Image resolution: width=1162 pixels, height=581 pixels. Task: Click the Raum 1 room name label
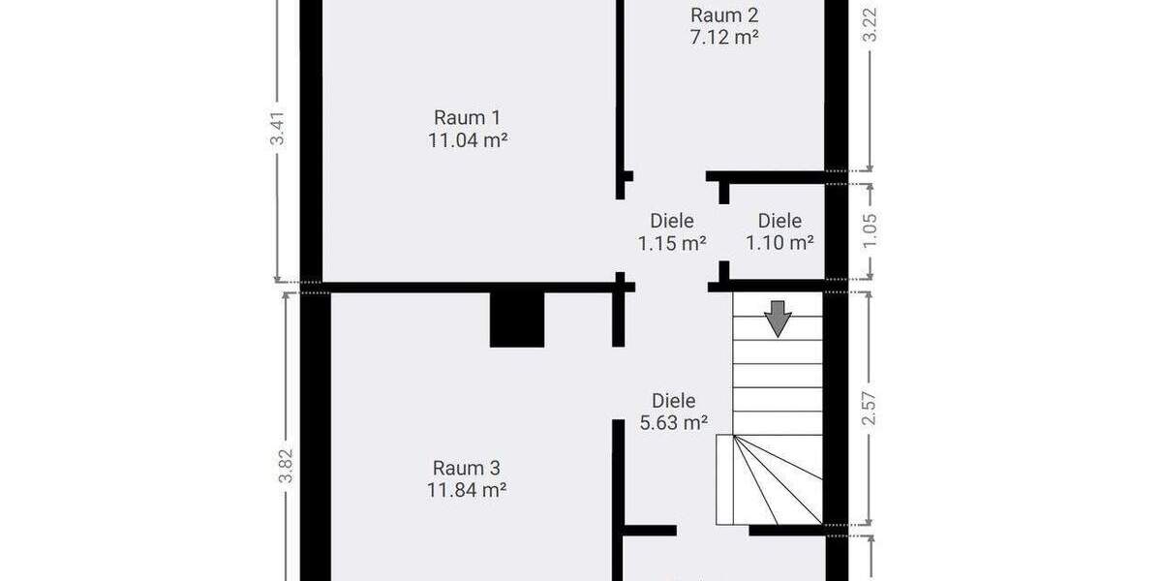pos(467,117)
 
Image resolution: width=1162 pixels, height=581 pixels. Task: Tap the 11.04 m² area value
pos(468,139)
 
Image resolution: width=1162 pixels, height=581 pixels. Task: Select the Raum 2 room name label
pos(723,15)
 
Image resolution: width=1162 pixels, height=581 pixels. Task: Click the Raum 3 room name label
pos(467,468)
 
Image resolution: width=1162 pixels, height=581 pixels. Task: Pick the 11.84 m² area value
pos(468,490)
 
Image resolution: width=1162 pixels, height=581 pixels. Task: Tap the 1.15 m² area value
pos(672,244)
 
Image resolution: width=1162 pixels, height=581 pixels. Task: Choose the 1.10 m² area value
pos(780,244)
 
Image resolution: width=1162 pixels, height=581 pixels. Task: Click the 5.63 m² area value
pos(674,422)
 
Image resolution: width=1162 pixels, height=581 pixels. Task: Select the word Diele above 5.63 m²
pos(674,400)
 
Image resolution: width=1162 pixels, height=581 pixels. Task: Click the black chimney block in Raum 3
pos(517,319)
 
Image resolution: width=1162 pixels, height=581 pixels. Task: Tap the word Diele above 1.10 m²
pos(780,221)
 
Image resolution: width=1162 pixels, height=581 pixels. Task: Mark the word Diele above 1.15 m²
pos(672,221)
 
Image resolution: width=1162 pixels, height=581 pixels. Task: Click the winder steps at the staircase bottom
pos(770,479)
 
